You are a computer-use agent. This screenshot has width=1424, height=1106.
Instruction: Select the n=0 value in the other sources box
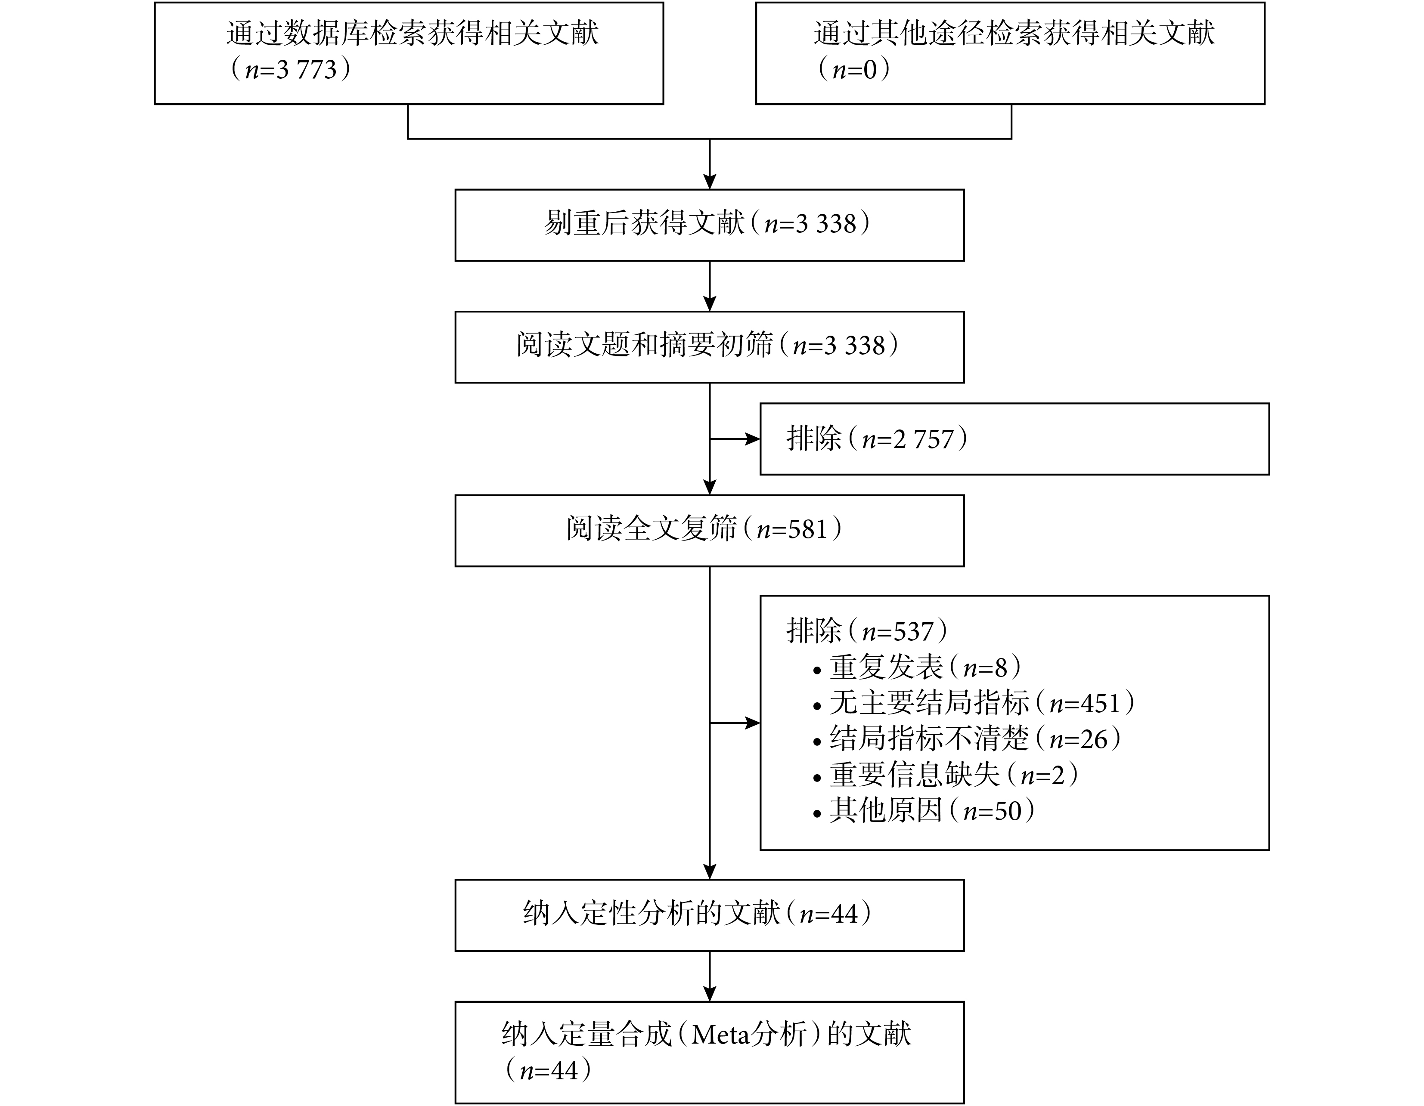click(x=855, y=70)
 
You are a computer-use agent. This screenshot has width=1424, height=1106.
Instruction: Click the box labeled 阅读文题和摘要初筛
click(x=709, y=347)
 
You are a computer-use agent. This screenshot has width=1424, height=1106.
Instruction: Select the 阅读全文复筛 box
click(x=709, y=531)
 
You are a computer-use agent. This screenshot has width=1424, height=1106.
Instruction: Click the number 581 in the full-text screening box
click(x=807, y=529)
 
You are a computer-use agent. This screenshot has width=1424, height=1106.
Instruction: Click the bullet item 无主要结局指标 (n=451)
click(x=974, y=703)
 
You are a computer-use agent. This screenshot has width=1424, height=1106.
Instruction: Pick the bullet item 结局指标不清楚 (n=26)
click(x=968, y=739)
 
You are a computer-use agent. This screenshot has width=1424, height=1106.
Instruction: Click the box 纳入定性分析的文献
click(x=709, y=915)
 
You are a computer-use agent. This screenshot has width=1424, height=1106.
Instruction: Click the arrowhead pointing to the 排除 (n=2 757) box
click(x=753, y=439)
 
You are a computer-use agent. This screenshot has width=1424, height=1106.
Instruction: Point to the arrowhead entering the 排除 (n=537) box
click(x=753, y=723)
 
